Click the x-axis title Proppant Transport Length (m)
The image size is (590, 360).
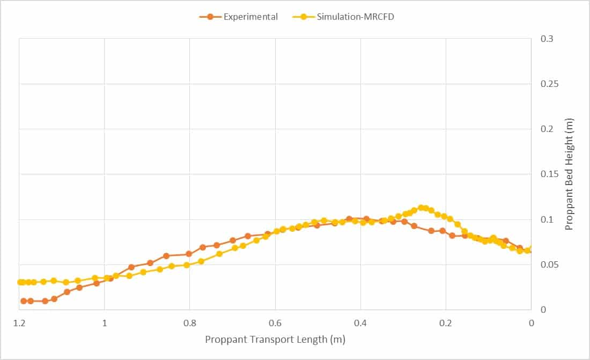point(275,339)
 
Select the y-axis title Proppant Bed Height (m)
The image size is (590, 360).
point(569,174)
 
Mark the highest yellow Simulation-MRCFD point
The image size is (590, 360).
point(421,208)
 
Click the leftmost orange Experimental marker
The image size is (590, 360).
point(24,301)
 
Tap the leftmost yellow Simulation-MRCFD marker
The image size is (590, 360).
point(20,282)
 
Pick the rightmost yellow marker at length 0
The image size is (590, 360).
point(532,249)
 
